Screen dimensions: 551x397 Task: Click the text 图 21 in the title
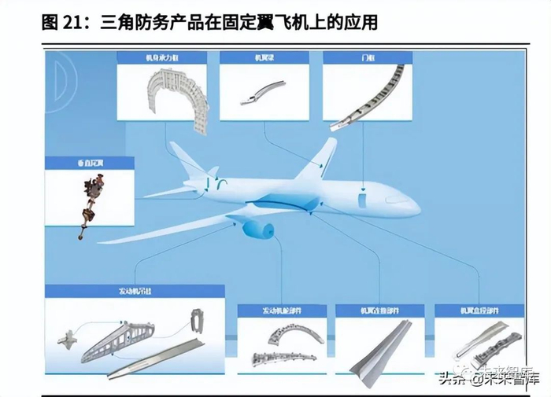65,22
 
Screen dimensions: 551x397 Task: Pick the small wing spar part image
260,90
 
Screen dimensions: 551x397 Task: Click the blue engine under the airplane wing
257,228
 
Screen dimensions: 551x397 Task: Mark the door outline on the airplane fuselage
362,199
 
